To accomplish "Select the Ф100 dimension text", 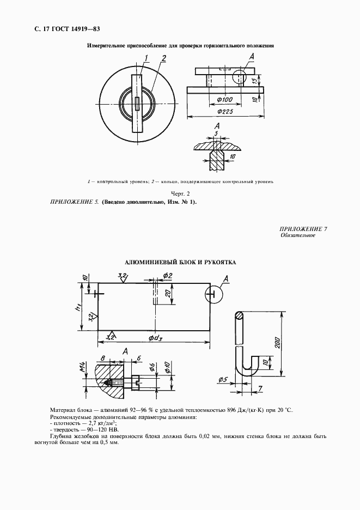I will [224, 99].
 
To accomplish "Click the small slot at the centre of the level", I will [138, 102].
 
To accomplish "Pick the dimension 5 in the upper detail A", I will [217, 133].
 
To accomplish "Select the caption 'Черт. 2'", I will [180, 193].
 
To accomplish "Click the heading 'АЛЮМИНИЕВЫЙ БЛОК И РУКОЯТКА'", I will [180, 262].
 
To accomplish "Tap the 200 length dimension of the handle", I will [278, 343].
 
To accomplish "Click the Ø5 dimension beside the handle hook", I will [222, 379].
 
